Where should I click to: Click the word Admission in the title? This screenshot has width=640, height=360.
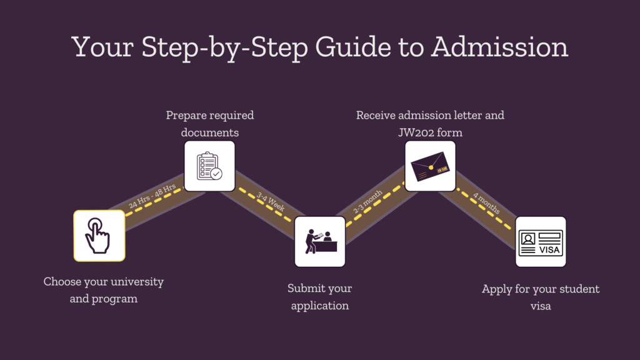500,47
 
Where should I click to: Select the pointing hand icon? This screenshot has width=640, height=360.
99,236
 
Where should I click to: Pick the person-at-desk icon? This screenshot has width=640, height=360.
320,241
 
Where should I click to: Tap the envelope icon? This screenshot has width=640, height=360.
430,166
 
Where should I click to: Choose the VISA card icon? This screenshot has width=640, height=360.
541,242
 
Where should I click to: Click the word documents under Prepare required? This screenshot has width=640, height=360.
209,132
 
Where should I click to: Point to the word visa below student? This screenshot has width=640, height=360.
541,307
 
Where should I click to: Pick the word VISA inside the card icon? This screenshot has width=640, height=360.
550,250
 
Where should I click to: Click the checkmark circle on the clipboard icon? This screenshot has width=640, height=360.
216,174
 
